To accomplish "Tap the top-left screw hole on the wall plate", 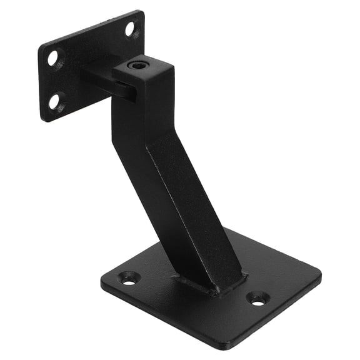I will point(54,57).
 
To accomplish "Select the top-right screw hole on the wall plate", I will point(129,28).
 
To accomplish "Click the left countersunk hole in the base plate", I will point(129,277).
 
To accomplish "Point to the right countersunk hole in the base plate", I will point(257,299).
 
